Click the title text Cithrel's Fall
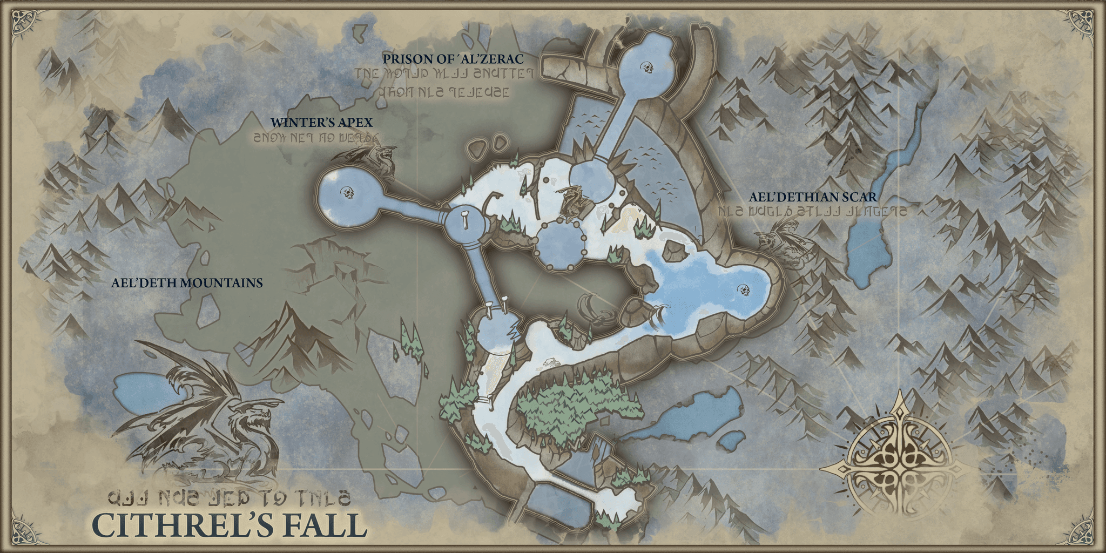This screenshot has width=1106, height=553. [x=230, y=525]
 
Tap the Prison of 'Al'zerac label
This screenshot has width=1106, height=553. [x=453, y=58]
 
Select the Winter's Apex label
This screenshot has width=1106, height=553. [x=321, y=123]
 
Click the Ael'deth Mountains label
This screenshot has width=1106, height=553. [x=187, y=282]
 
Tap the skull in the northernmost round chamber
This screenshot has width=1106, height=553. [x=646, y=68]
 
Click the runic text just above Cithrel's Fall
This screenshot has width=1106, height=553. [x=230, y=497]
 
